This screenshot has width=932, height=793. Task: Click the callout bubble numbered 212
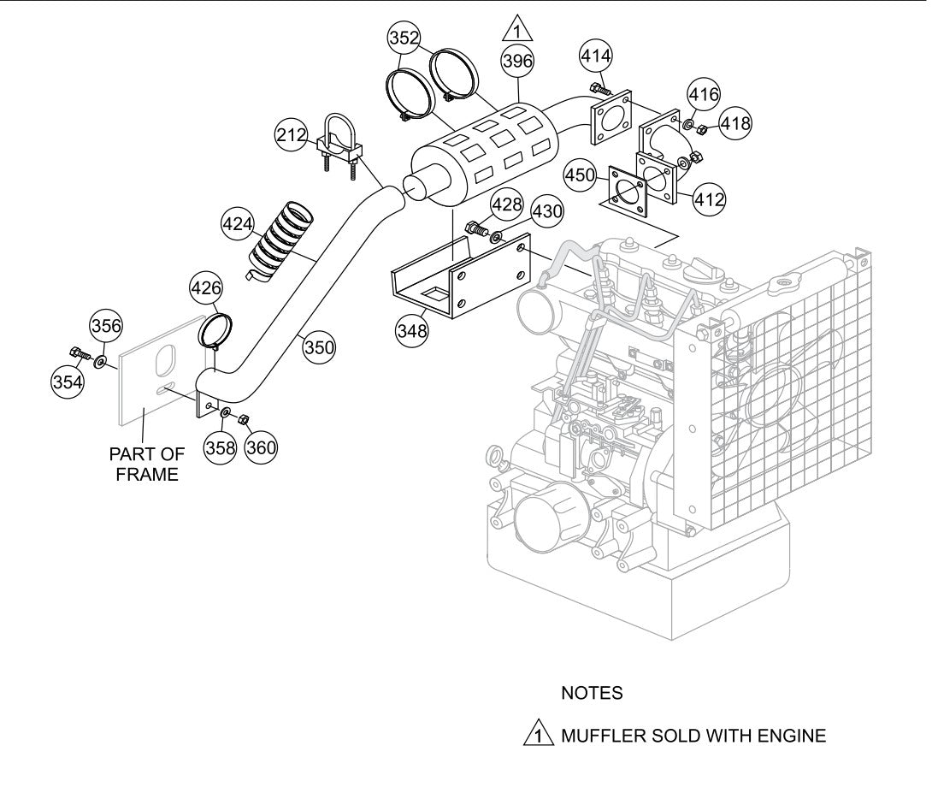point(292,135)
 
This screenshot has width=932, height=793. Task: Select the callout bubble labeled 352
point(404,38)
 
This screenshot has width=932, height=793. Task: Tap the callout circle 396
point(517,61)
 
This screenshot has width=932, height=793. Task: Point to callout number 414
point(596,56)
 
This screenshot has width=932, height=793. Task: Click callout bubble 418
point(734,123)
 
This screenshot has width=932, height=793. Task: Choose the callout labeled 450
point(581,176)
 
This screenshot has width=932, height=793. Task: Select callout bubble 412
point(709,200)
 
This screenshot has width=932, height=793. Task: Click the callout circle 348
point(413,329)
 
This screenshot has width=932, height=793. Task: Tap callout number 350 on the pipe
point(319,346)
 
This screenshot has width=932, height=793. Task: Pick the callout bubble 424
point(238,225)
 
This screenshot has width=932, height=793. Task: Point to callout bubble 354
point(68,382)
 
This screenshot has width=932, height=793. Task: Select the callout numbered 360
point(261,446)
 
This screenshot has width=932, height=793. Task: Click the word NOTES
point(592,693)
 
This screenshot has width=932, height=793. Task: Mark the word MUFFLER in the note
point(596,735)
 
